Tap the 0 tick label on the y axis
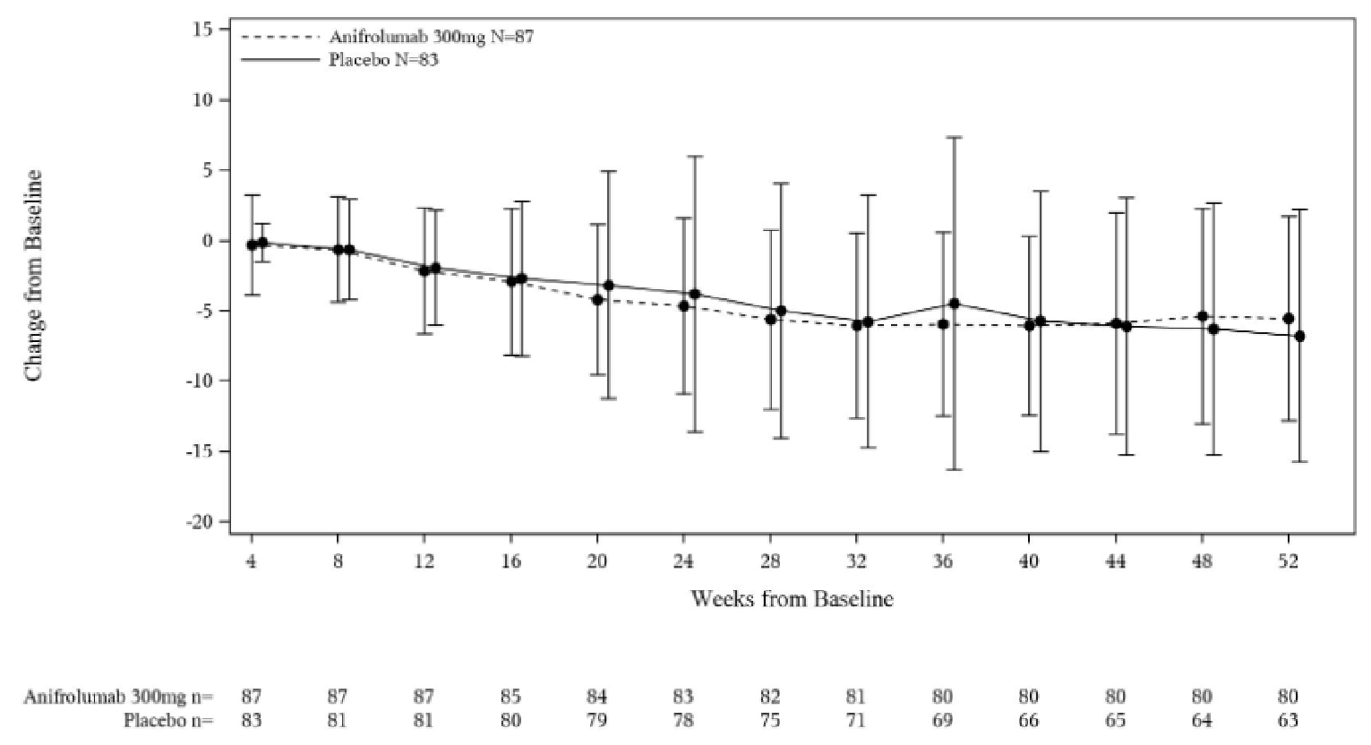(x=208, y=241)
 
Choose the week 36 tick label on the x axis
(x=942, y=561)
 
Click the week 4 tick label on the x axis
(x=252, y=561)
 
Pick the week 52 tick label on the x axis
(x=1288, y=561)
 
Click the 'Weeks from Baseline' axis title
(x=792, y=599)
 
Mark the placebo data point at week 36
(x=954, y=304)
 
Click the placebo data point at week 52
(x=1299, y=336)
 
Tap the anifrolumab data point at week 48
(x=1202, y=316)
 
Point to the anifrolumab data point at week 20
(x=597, y=300)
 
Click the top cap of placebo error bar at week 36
(x=954, y=137)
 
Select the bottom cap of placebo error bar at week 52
(x=1299, y=461)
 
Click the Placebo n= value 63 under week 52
(x=1288, y=720)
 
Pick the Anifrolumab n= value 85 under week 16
(x=510, y=697)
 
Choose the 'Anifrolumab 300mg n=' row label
(x=118, y=697)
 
